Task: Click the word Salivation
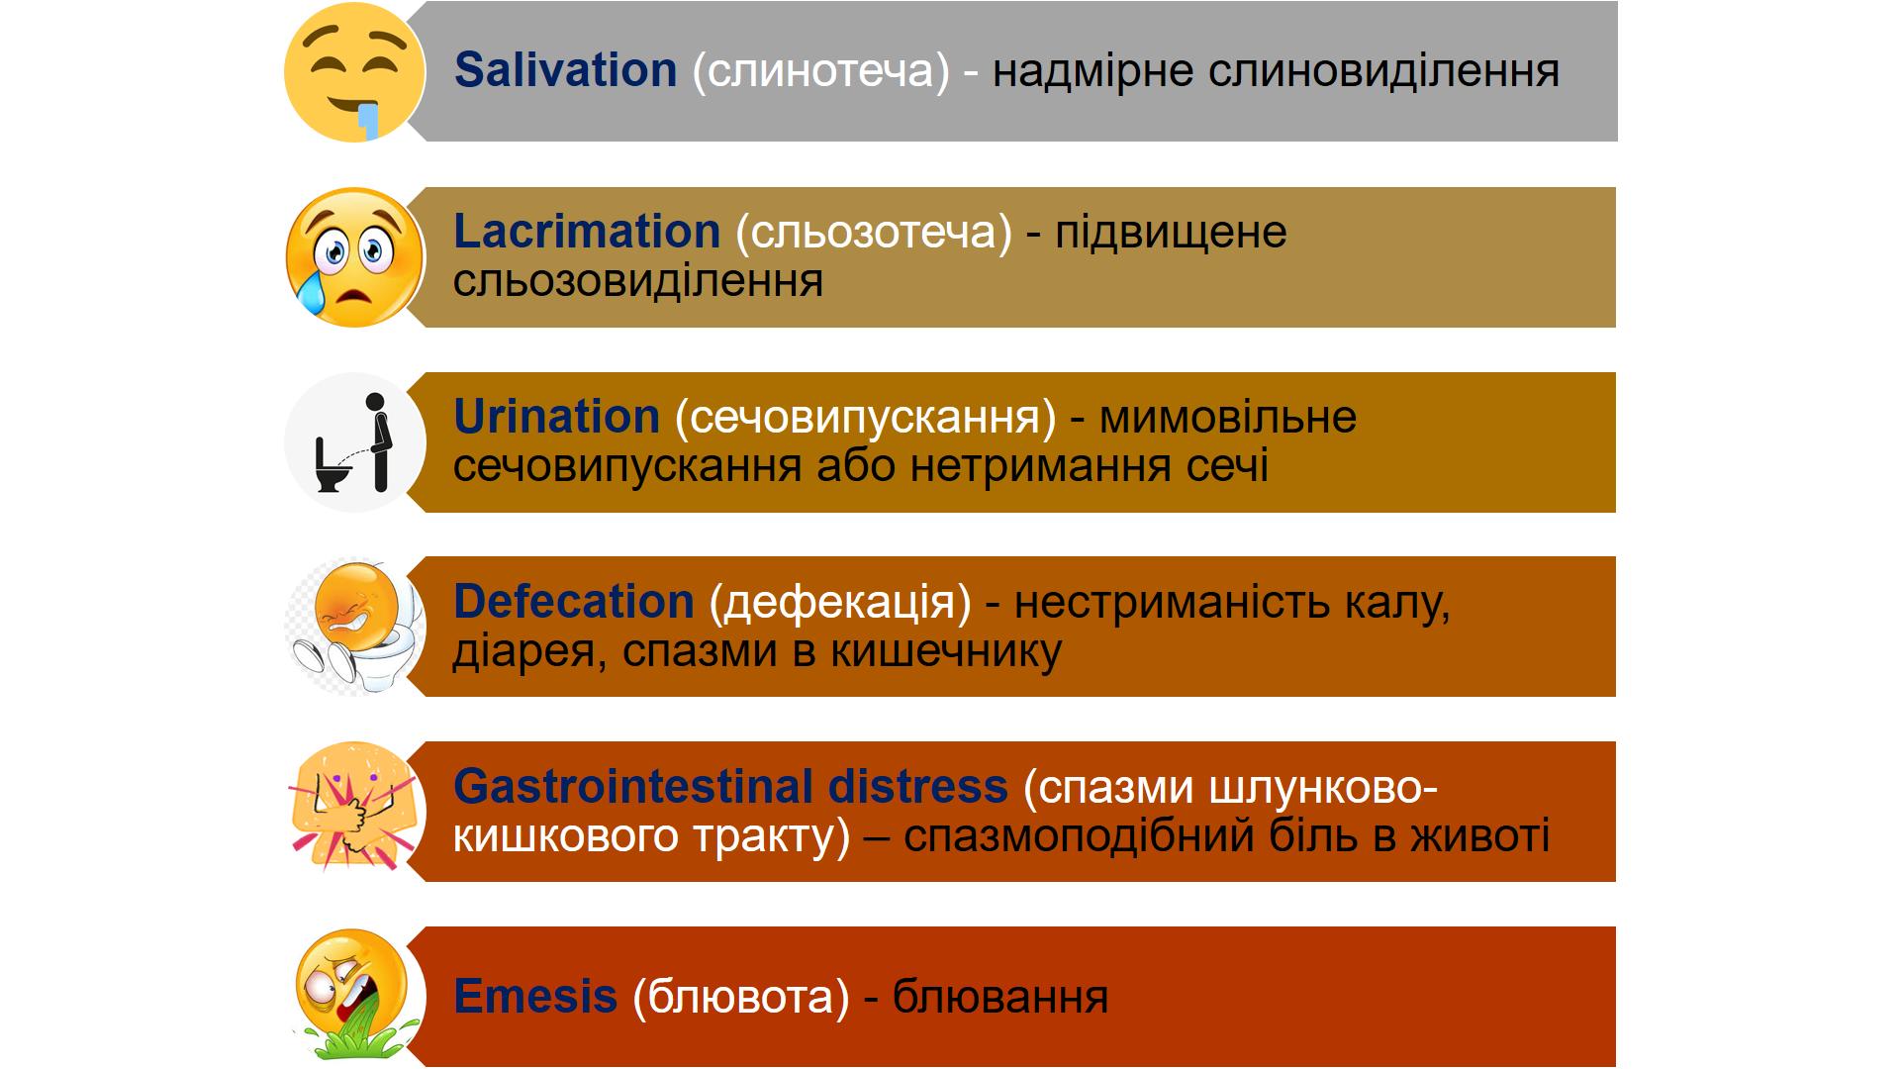pyautogui.click(x=565, y=70)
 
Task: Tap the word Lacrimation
pyautogui.click(x=587, y=232)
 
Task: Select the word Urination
pyautogui.click(x=556, y=417)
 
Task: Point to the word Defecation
pyautogui.click(x=574, y=602)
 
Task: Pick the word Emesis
pyautogui.click(x=535, y=996)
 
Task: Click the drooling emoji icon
pyautogui.click(x=354, y=71)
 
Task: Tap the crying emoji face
pyautogui.click(x=354, y=257)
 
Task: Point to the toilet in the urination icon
pyautogui.click(x=331, y=465)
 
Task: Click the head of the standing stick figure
pyautogui.click(x=375, y=403)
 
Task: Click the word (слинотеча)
pyautogui.click(x=820, y=71)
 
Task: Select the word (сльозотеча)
pyautogui.click(x=874, y=233)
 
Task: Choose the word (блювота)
pyautogui.click(x=741, y=997)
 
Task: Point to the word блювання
pyautogui.click(x=1000, y=997)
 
